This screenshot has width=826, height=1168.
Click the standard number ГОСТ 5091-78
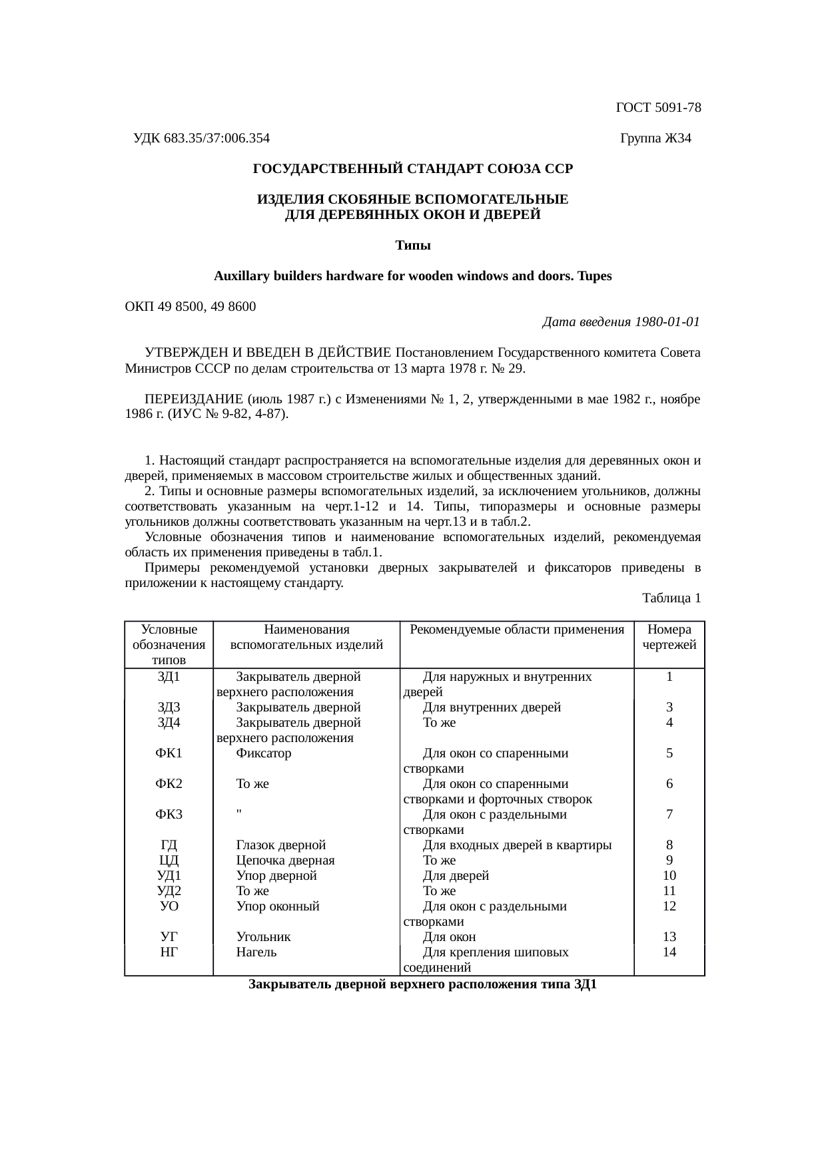(x=658, y=108)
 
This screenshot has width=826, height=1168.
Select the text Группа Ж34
(x=655, y=138)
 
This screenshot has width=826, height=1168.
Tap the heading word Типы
(x=413, y=246)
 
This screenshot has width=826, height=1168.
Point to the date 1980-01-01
(x=667, y=322)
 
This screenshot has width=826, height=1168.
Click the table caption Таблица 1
(x=671, y=598)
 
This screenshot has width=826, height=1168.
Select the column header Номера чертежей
(x=669, y=637)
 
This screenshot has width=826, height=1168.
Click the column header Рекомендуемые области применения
(x=516, y=630)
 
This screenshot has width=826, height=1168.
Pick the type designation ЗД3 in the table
(x=169, y=707)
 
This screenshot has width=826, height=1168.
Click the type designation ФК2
(x=169, y=784)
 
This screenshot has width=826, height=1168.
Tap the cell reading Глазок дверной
(x=281, y=845)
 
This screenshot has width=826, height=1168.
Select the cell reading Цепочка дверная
(x=285, y=861)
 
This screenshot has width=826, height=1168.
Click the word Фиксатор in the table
(x=264, y=753)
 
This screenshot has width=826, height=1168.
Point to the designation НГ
(x=169, y=952)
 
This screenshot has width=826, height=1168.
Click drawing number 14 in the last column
(x=669, y=952)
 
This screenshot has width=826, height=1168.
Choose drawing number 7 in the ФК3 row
(x=669, y=815)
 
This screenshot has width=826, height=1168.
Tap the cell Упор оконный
(x=278, y=906)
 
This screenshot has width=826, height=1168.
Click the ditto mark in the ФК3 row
(x=238, y=812)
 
